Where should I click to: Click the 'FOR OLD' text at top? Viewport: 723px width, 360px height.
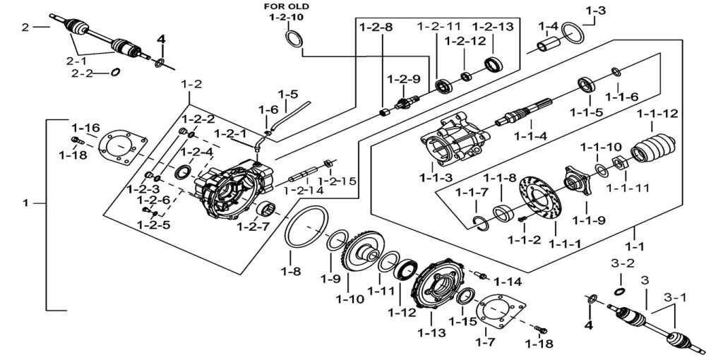coord(287,6)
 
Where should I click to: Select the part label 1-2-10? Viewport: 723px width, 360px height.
coord(287,18)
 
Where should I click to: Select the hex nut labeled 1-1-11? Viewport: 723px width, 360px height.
coord(619,163)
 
